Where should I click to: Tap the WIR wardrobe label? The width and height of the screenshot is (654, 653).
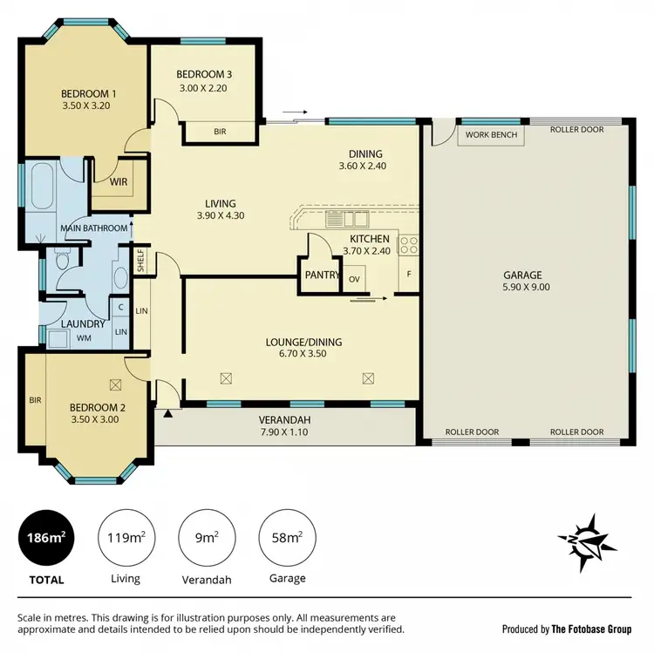coord(119,182)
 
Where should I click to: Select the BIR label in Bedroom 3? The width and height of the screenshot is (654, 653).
coord(220,133)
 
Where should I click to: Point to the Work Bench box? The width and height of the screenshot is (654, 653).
coord(491,135)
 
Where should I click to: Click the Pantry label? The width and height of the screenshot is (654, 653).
coord(321,275)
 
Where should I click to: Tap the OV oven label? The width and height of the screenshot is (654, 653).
coord(354,279)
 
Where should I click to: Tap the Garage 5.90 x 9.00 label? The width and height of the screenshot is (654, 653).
coord(526,281)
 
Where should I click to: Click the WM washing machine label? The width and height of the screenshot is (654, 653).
coord(85,337)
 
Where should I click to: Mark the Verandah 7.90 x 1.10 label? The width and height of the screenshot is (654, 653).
coord(286,426)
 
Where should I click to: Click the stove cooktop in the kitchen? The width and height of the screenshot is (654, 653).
coord(410,246)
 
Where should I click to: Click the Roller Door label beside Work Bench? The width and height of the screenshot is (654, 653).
coord(576,130)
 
